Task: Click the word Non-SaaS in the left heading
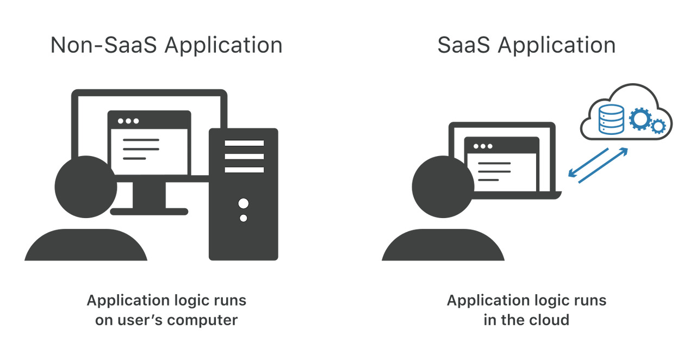104,45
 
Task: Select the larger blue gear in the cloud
639,119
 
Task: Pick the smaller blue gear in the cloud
658,126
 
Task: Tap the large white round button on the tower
244,204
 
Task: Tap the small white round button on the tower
244,218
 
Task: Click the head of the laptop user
443,188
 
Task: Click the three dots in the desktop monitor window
128,121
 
